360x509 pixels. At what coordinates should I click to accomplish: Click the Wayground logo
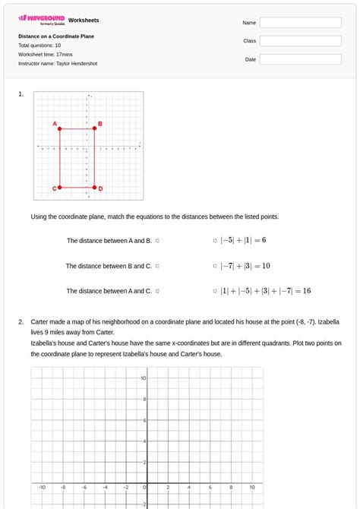click(x=41, y=19)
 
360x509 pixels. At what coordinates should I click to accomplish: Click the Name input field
click(x=300, y=23)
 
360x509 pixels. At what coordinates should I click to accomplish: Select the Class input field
click(x=300, y=41)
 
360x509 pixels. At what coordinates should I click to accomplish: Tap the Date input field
click(x=300, y=59)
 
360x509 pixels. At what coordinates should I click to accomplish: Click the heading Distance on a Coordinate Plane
click(x=56, y=36)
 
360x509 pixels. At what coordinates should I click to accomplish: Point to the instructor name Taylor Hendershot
click(x=77, y=64)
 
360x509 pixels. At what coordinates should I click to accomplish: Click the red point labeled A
click(x=60, y=128)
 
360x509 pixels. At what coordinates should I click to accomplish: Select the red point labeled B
click(x=94, y=128)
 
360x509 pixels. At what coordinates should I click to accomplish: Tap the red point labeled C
click(x=60, y=187)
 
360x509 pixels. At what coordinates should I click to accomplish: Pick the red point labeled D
click(x=94, y=187)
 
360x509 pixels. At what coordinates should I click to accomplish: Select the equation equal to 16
click(x=265, y=291)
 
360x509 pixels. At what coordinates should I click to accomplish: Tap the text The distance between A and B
click(x=109, y=241)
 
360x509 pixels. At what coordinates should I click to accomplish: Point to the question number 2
click(x=21, y=322)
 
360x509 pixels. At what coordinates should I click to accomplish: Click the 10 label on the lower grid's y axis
click(x=143, y=378)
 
